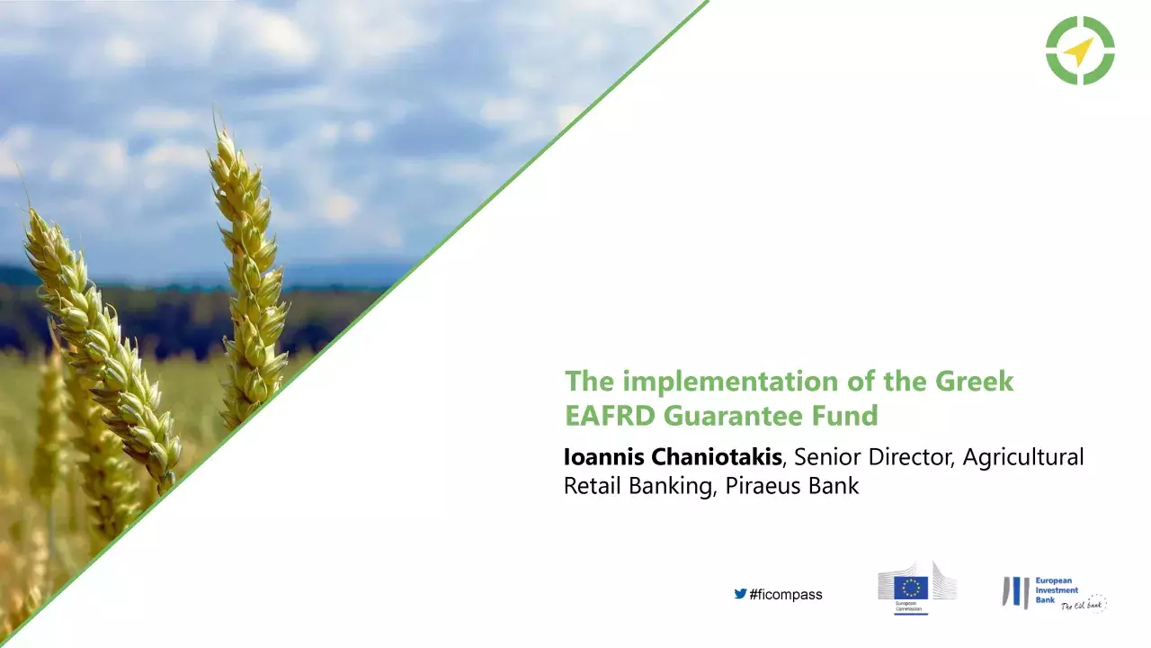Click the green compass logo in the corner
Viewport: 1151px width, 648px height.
[x=1080, y=50]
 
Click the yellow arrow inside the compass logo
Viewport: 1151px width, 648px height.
[x=1078, y=51]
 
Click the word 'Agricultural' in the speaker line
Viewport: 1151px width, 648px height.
[x=1023, y=457]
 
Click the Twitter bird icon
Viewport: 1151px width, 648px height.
[x=740, y=594]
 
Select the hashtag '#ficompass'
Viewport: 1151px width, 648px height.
[x=786, y=595]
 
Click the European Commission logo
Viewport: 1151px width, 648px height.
[x=916, y=587]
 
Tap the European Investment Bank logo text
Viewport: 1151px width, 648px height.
[x=1056, y=591]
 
